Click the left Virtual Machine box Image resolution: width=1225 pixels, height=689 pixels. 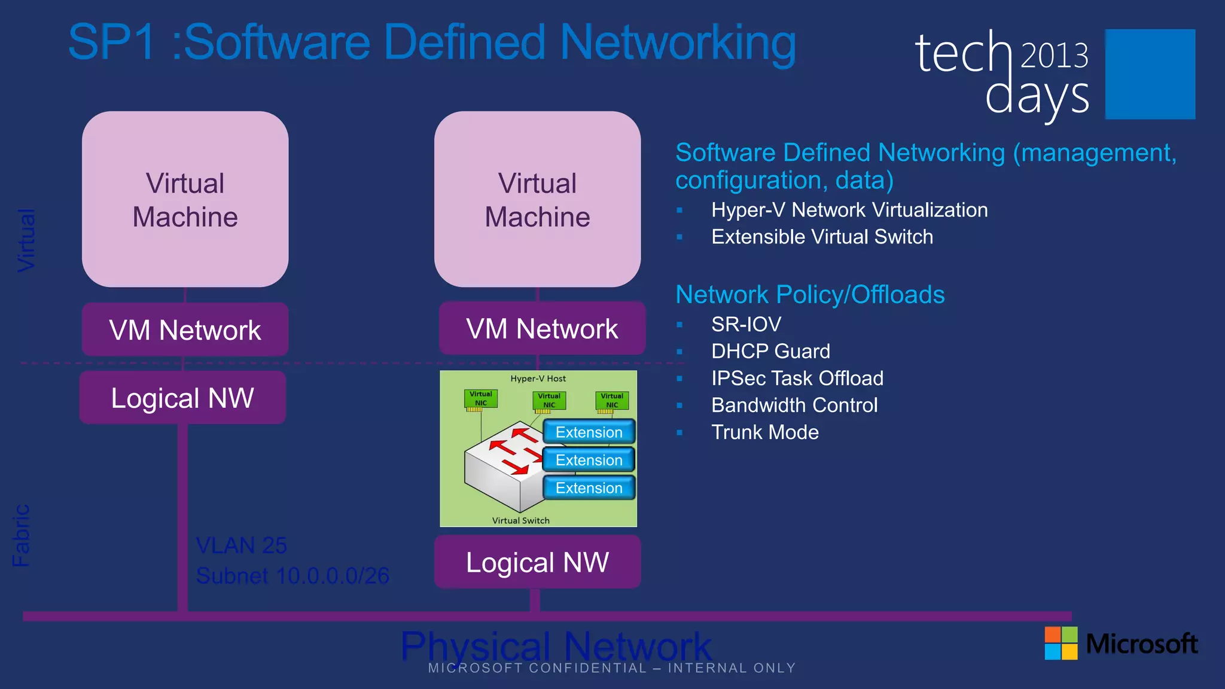point(185,199)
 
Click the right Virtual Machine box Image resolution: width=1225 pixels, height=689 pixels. point(537,199)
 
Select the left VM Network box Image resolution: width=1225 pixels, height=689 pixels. point(185,330)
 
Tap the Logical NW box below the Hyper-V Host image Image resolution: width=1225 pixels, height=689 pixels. point(537,562)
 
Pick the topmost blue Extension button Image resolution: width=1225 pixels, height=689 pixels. point(589,432)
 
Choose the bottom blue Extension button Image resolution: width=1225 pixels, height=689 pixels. point(589,488)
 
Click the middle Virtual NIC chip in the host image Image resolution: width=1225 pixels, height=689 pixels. point(548,401)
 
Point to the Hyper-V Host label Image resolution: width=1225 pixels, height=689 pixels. point(538,379)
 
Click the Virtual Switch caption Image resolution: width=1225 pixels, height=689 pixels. point(520,520)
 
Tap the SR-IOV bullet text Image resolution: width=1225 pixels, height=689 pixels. point(746,324)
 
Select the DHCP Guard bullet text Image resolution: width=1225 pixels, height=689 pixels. point(770,351)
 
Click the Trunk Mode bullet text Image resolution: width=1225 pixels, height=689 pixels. point(764,432)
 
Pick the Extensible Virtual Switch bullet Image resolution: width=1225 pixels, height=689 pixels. point(822,237)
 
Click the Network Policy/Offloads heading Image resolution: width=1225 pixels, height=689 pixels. point(810,294)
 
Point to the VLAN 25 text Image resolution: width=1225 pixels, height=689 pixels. point(242,545)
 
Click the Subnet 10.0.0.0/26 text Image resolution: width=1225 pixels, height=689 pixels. point(292,575)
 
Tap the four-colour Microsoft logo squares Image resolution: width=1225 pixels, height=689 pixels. point(1061,643)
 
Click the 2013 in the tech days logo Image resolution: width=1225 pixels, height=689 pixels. point(1054,56)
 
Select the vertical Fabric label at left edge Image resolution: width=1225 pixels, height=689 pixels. point(21,535)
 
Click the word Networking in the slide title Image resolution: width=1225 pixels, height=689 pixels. point(678,43)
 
